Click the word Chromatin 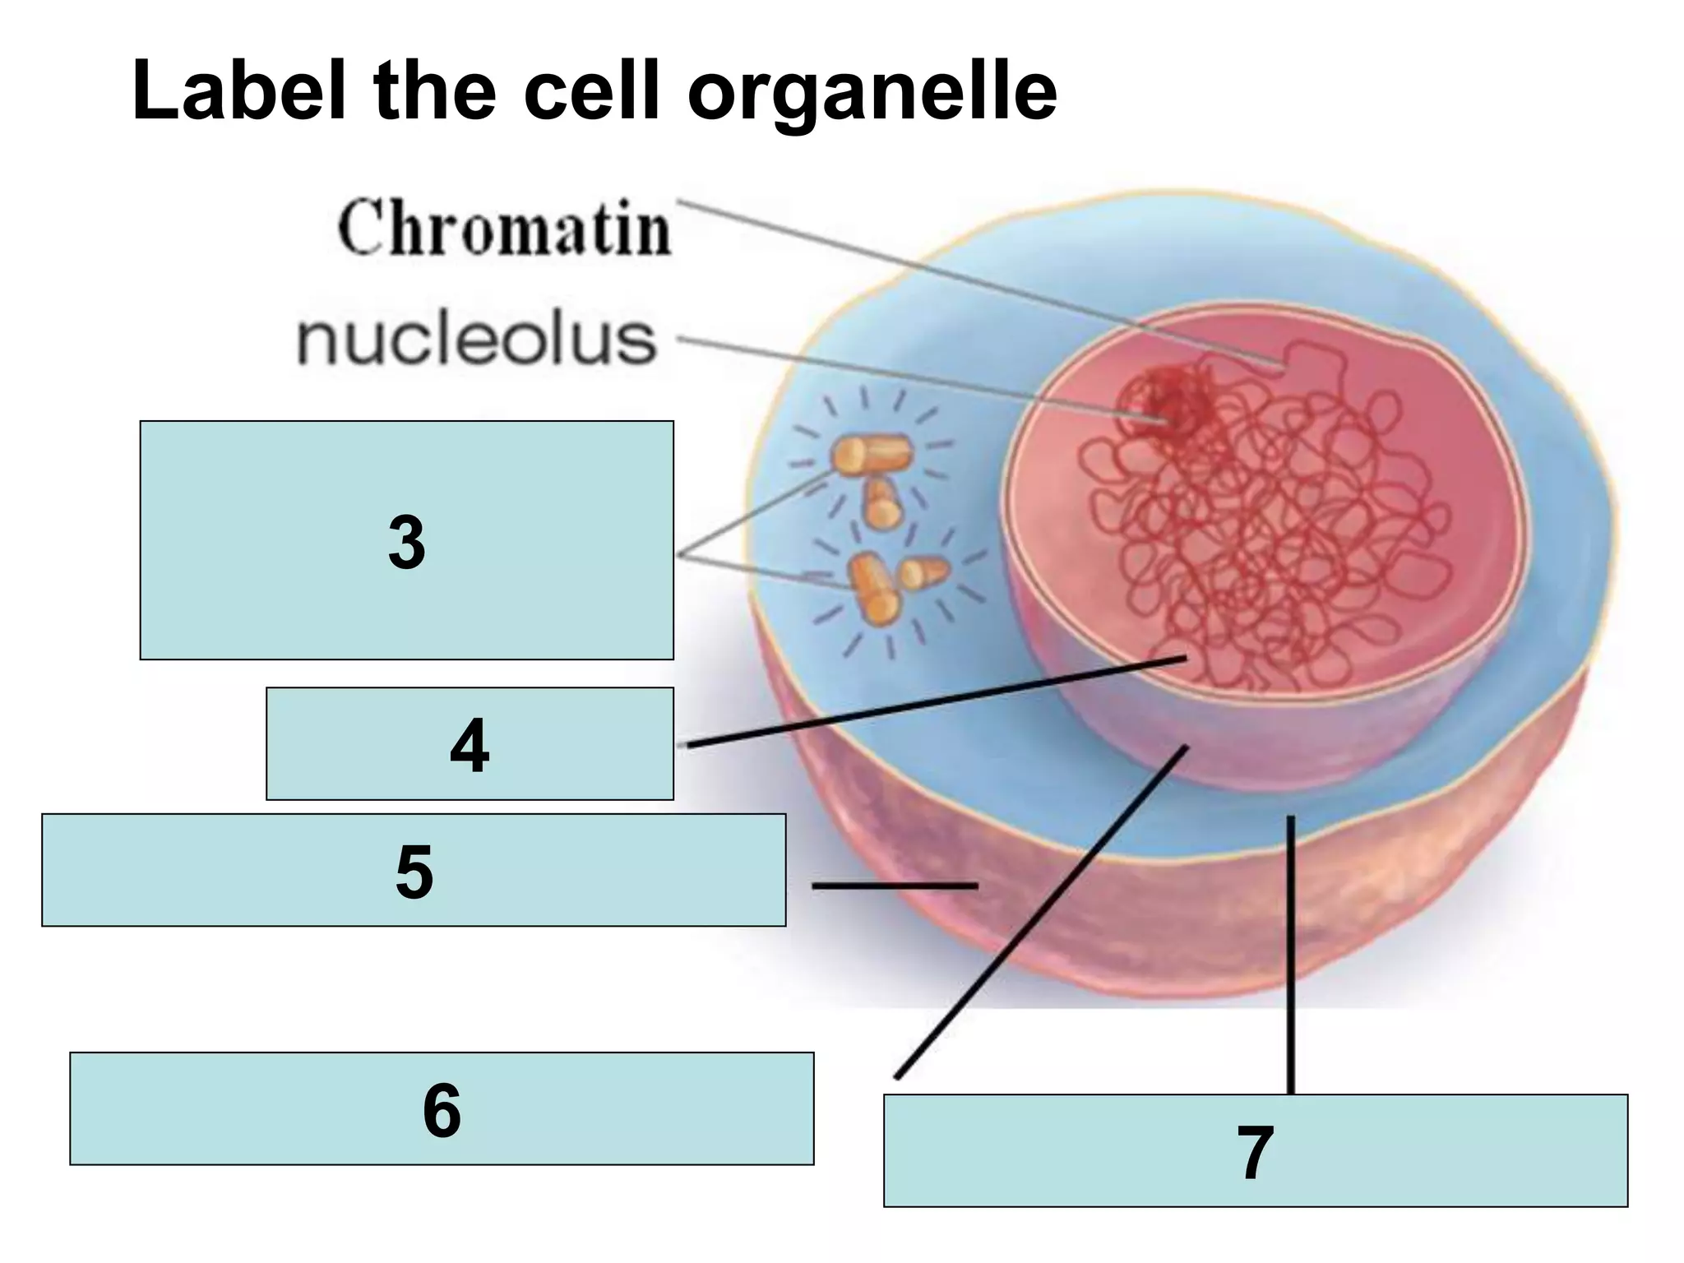tap(504, 228)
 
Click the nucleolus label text tap(476, 340)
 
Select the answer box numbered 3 tap(406, 540)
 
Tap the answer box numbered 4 tap(470, 743)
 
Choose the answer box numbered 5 tap(414, 870)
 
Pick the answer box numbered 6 tap(442, 1108)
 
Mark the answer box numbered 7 tap(1255, 1150)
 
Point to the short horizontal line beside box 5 tap(894, 886)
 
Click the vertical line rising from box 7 tap(1290, 954)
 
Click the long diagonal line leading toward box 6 tap(1041, 912)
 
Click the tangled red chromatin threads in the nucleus tap(1283, 534)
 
